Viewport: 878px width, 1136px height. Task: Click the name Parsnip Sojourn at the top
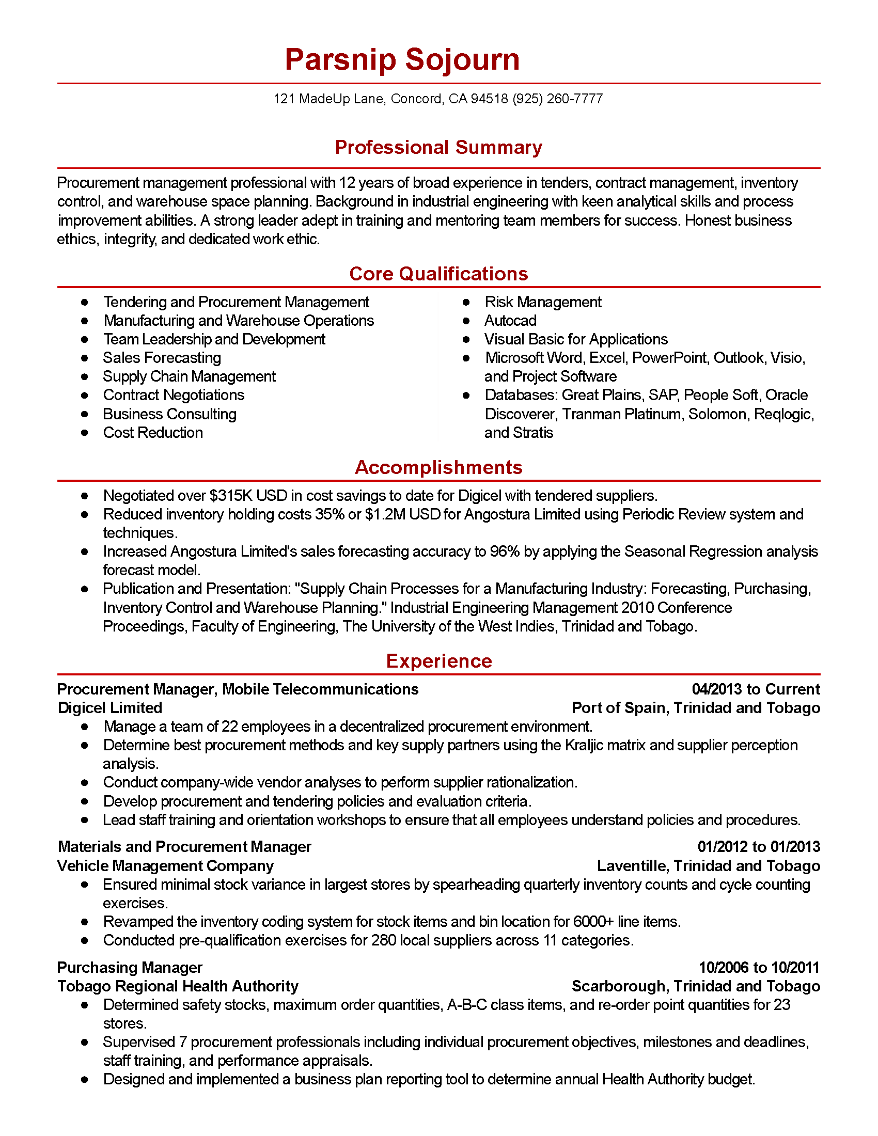(x=402, y=59)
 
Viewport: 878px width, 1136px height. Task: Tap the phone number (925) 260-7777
(x=558, y=99)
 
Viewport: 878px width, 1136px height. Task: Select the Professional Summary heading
(x=438, y=148)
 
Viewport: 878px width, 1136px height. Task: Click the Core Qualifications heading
(x=438, y=274)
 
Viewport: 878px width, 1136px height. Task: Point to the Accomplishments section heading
(x=438, y=468)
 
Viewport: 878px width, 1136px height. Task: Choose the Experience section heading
(x=438, y=661)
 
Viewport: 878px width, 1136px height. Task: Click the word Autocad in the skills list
(x=510, y=321)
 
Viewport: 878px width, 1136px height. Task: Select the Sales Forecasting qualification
(x=162, y=358)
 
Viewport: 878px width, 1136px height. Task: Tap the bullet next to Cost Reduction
(x=85, y=433)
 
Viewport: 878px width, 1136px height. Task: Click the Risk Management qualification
(x=542, y=302)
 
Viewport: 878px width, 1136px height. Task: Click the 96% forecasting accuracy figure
(x=505, y=552)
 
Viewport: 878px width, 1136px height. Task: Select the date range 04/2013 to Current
(x=755, y=690)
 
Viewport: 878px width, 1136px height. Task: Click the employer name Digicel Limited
(x=109, y=708)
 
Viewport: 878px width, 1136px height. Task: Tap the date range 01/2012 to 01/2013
(x=758, y=847)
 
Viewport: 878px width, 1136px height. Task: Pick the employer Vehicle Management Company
(x=165, y=866)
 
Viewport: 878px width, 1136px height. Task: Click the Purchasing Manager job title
(x=130, y=968)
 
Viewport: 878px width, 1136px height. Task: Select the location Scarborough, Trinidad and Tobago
(x=696, y=987)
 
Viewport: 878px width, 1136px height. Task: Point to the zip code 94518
(x=489, y=99)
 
